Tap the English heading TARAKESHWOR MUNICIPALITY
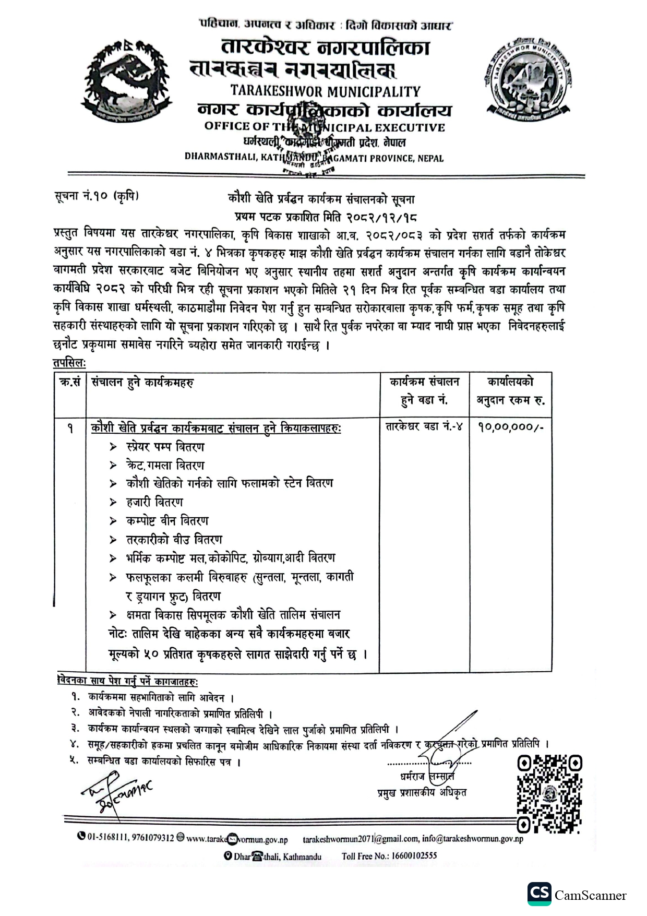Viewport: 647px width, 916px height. pyautogui.click(x=325, y=91)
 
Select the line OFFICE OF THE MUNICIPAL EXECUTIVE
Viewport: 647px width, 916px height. pyautogui.click(x=325, y=127)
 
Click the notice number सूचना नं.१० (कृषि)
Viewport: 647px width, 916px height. pyautogui.click(x=97, y=197)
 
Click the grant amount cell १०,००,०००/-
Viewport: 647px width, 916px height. pyautogui.click(x=510, y=427)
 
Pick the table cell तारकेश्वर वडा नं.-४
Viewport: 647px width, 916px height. pyautogui.click(x=424, y=427)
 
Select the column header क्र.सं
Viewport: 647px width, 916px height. pyautogui.click(x=70, y=382)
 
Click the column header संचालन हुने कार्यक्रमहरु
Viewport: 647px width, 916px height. pyautogui.click(x=142, y=382)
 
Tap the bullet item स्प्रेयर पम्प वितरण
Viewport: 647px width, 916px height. pyautogui.click(x=165, y=447)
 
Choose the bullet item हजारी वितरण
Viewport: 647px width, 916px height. pyautogui.click(x=154, y=502)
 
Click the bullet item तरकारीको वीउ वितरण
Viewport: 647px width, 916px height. pyautogui.click(x=174, y=539)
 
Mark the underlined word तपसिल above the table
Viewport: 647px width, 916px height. pyautogui.click(x=69, y=362)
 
